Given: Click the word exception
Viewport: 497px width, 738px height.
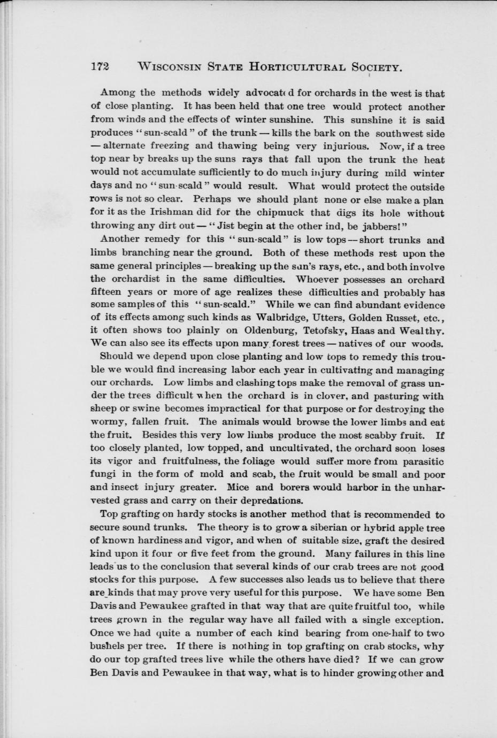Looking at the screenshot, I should (x=417, y=620).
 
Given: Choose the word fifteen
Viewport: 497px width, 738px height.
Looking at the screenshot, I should (x=107, y=292).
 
